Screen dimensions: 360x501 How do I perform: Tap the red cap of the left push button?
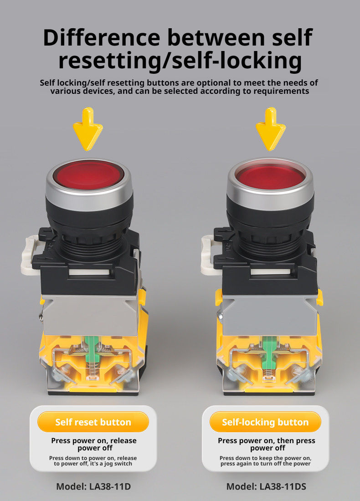click(88, 175)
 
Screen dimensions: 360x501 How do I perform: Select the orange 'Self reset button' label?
click(93, 422)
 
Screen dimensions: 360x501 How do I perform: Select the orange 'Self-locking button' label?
click(265, 422)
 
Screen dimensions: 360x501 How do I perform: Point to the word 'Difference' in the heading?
click(101, 37)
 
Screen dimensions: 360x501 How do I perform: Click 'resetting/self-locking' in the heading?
click(180, 61)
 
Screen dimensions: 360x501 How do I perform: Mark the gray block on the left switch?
click(91, 315)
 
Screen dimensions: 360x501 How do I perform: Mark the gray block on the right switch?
click(271, 315)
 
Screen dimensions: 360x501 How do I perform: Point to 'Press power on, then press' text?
click(266, 440)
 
